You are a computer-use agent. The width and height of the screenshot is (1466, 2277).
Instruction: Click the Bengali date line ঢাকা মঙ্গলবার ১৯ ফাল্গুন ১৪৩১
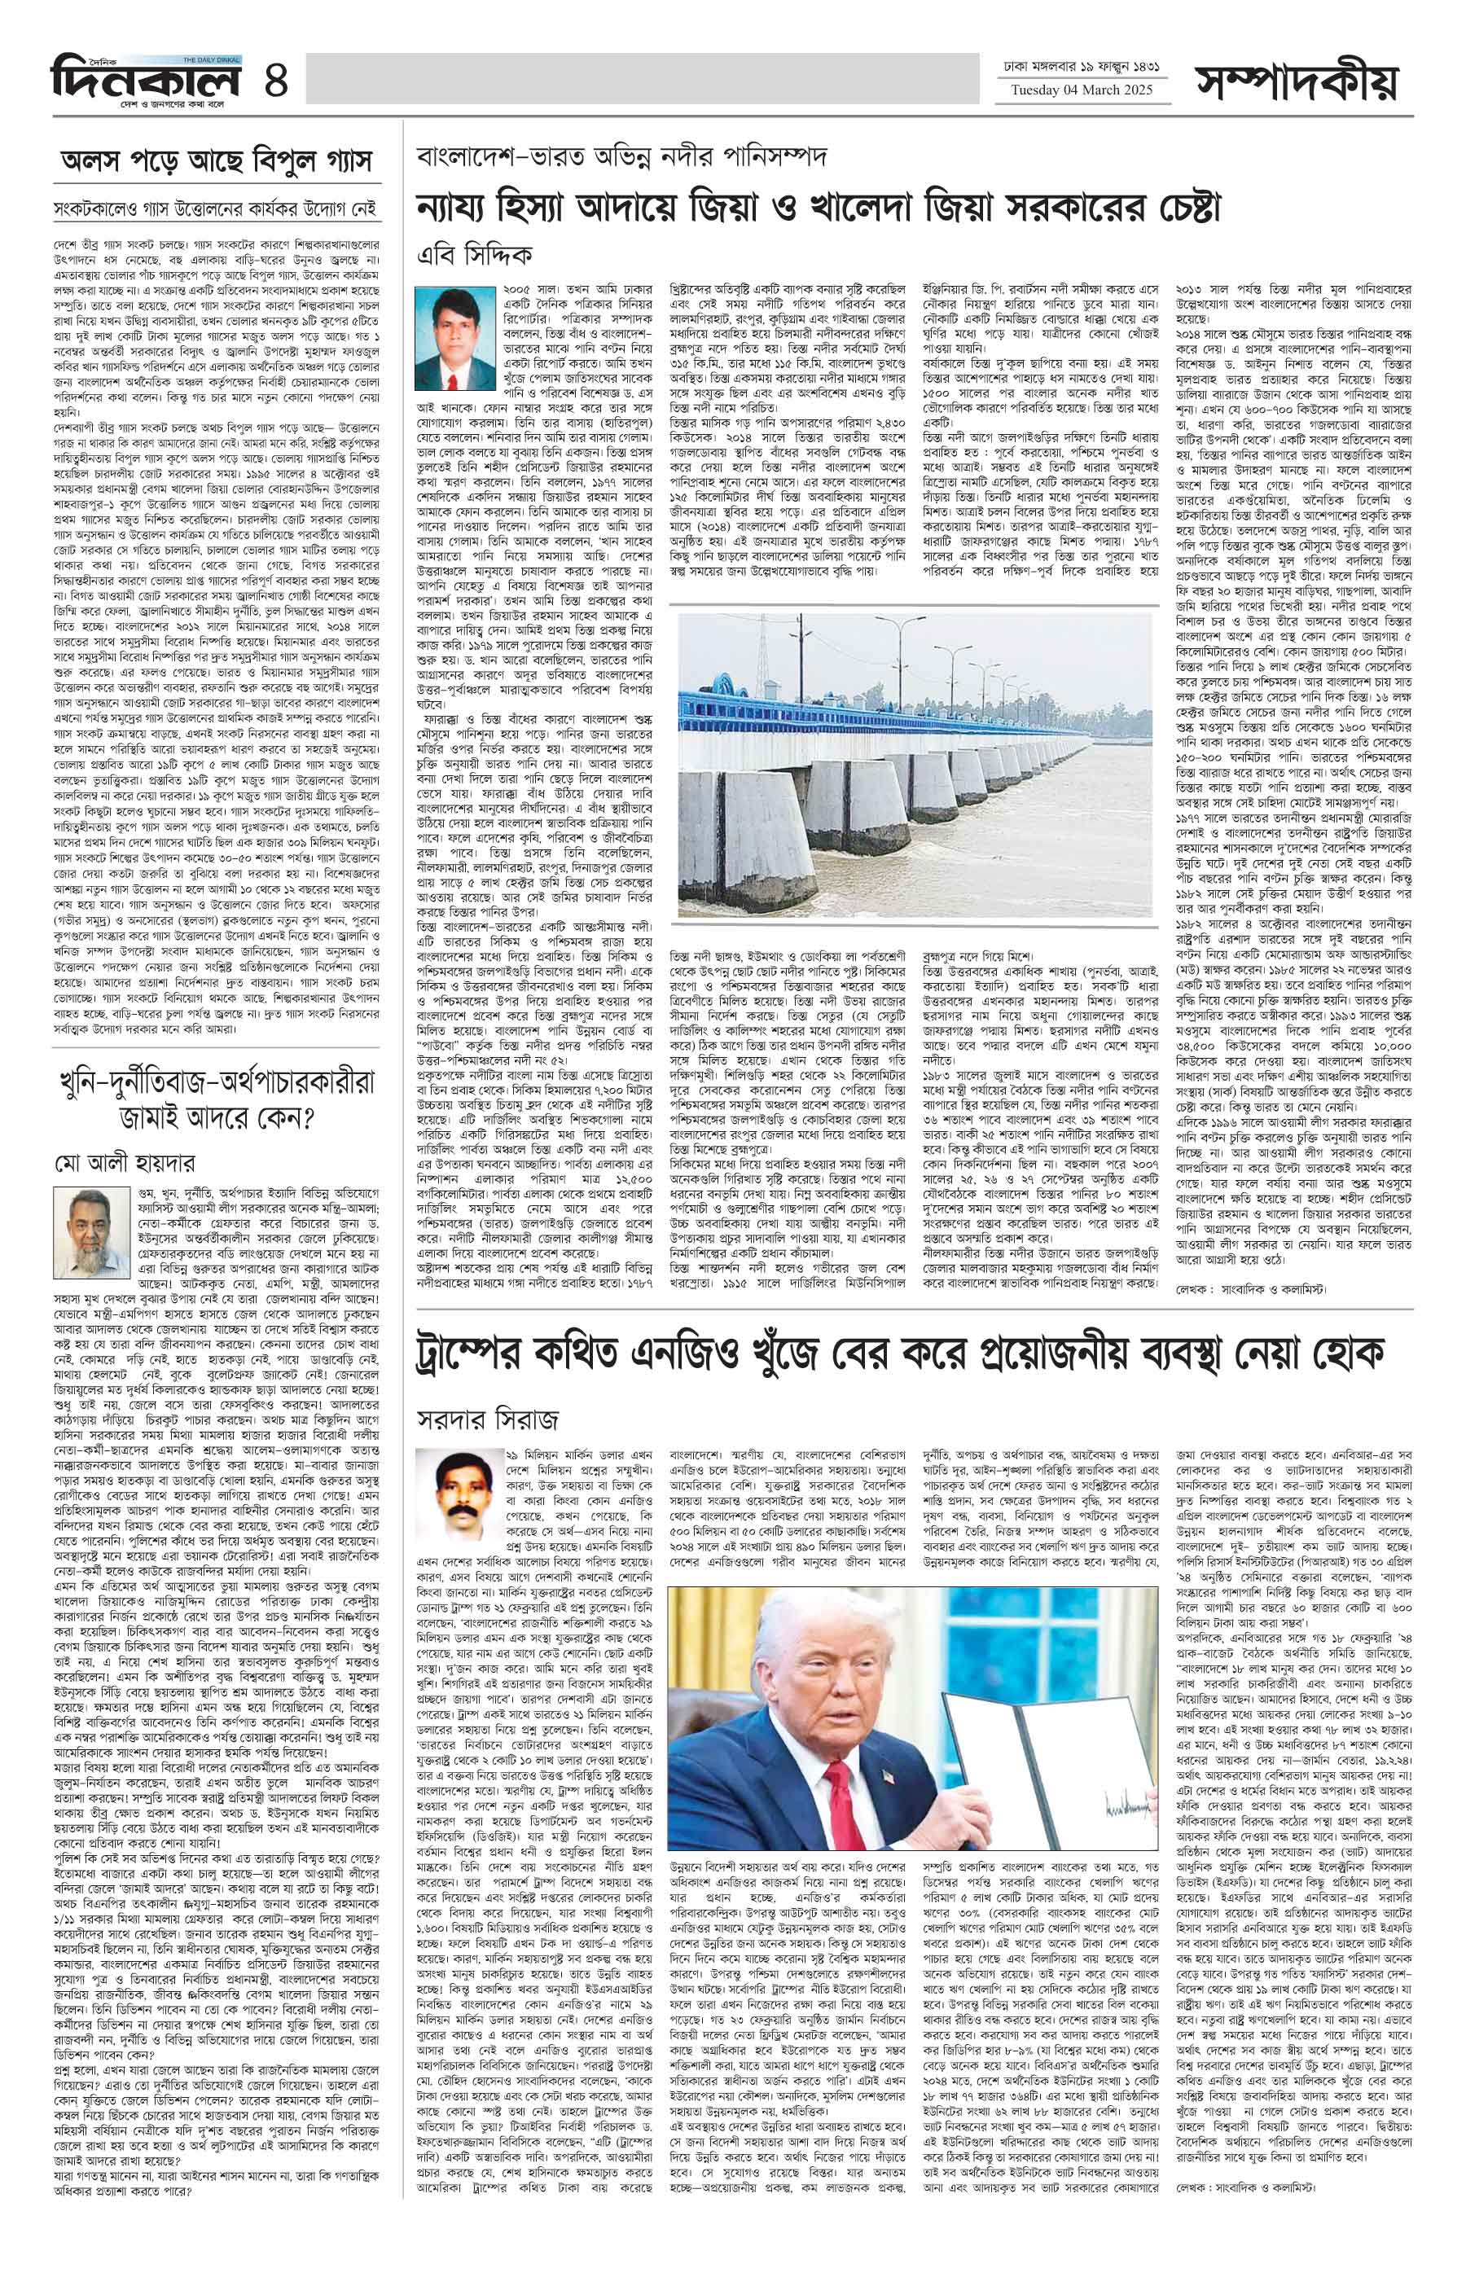(x=1083, y=68)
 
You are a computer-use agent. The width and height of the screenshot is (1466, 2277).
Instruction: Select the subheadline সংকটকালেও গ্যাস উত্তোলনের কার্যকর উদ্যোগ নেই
(x=217, y=208)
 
